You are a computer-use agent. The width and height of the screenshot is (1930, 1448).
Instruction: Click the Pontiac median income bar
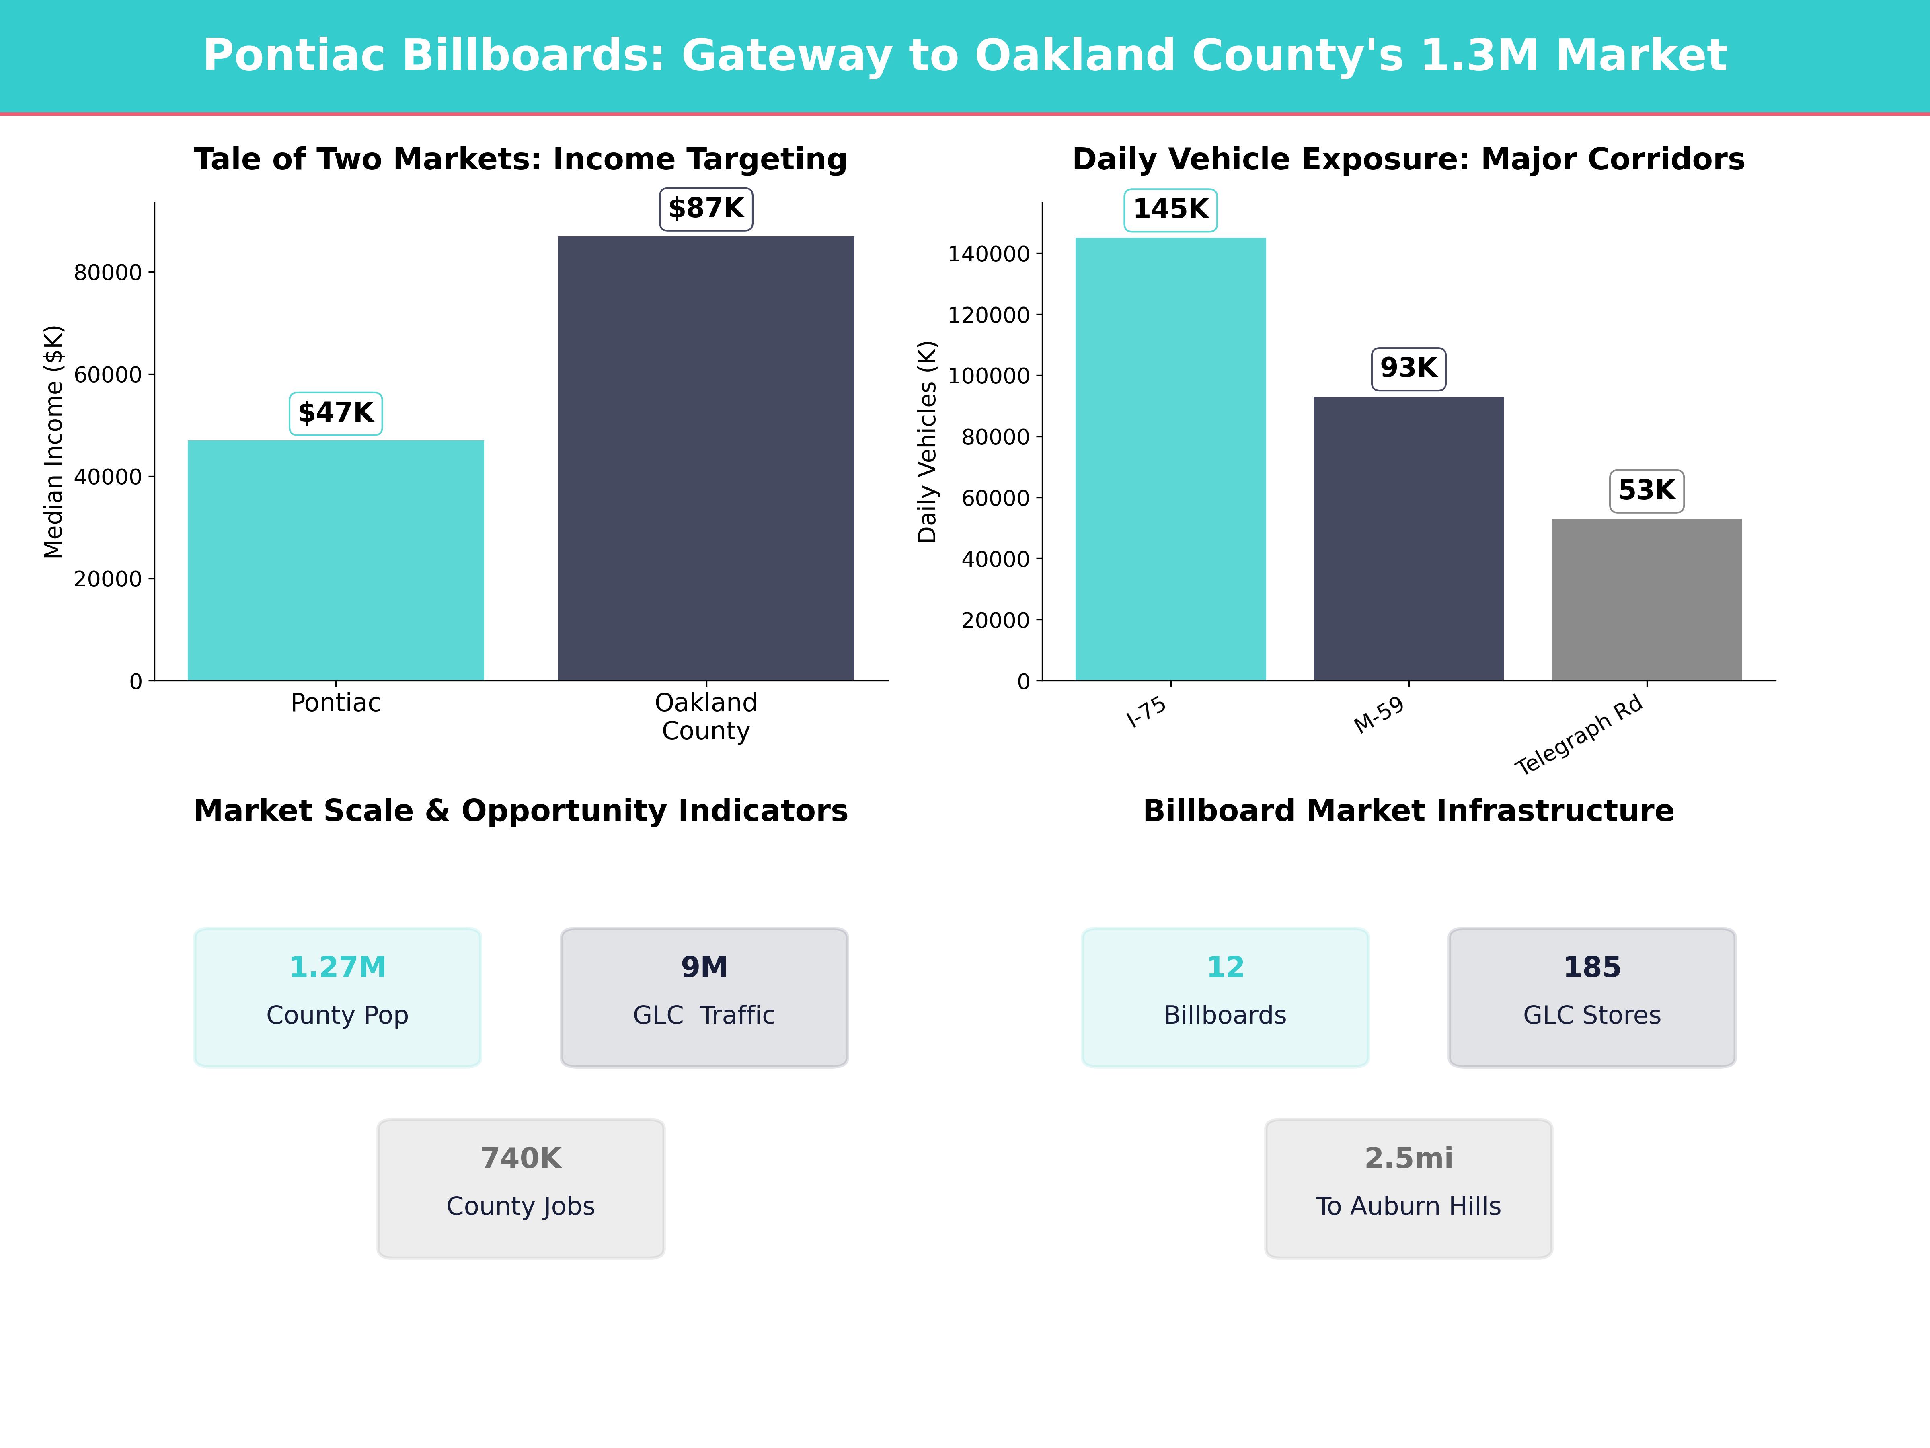pyautogui.click(x=336, y=560)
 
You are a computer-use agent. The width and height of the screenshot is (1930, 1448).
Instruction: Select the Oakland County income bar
pyautogui.click(x=706, y=458)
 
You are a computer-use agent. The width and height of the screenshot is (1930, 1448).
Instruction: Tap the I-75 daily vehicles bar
pyautogui.click(x=1170, y=459)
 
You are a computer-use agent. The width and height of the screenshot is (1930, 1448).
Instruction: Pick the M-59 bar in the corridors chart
pyautogui.click(x=1408, y=539)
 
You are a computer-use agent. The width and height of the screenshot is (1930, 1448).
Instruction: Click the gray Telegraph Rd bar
pyautogui.click(x=1647, y=600)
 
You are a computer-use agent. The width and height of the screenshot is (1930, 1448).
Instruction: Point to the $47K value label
pyautogui.click(x=336, y=413)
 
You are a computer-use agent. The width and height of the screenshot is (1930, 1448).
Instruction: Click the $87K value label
pyautogui.click(x=706, y=209)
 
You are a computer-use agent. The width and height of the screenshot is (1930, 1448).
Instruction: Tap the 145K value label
pyautogui.click(x=1170, y=210)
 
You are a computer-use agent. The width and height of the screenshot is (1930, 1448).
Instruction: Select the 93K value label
pyautogui.click(x=1408, y=368)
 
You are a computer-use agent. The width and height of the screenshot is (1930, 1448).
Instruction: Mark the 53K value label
pyautogui.click(x=1647, y=491)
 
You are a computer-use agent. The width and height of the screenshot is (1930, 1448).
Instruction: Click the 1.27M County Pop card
pyautogui.click(x=338, y=997)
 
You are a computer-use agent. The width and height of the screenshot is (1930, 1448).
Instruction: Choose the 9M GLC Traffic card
pyautogui.click(x=704, y=997)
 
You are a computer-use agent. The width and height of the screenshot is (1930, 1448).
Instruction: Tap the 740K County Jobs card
pyautogui.click(x=521, y=1188)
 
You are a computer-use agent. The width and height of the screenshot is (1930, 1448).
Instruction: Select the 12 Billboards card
pyautogui.click(x=1225, y=997)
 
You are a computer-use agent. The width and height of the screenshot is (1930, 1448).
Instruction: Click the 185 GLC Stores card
pyautogui.click(x=1591, y=997)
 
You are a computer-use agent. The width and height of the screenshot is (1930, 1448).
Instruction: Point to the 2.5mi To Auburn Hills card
pyautogui.click(x=1408, y=1188)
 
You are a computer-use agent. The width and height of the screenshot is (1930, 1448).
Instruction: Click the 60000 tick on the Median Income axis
pyautogui.click(x=107, y=374)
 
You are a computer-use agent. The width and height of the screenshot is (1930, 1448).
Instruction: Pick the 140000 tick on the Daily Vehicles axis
pyautogui.click(x=989, y=254)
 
